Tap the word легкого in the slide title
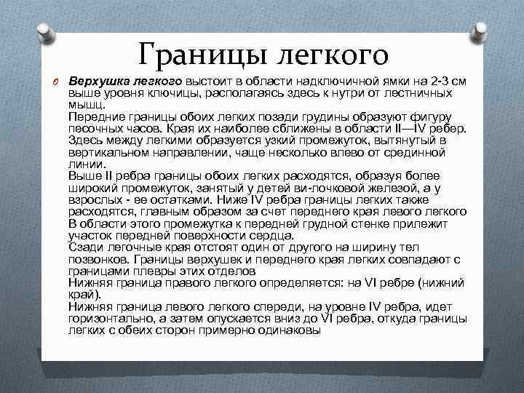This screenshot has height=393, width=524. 332,54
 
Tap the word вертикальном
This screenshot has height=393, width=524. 106,153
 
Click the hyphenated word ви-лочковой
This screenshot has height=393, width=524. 357,188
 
